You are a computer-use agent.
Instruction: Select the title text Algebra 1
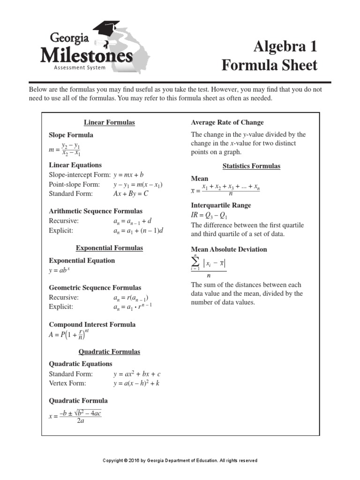tap(285, 47)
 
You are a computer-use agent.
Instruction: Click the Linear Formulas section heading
tap(109, 122)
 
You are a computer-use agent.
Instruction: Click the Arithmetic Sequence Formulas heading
tap(96, 211)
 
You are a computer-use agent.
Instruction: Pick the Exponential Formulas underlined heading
tap(109, 247)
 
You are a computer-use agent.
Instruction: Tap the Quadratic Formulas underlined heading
tap(109, 352)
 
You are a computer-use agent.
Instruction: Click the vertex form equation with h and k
tap(136, 383)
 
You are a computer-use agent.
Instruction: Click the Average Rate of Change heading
tap(227, 122)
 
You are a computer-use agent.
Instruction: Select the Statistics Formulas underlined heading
tap(251, 166)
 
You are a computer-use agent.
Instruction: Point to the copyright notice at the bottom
tap(180, 461)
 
